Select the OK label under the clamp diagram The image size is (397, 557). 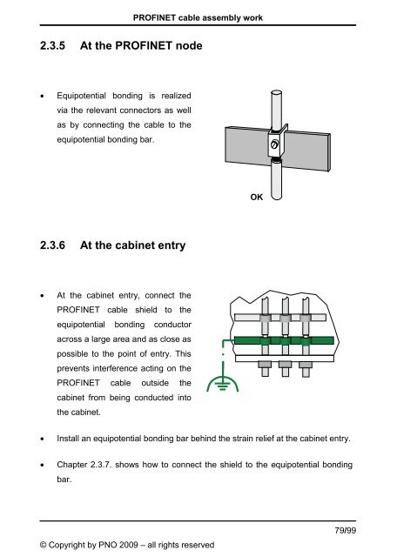[256, 198]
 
